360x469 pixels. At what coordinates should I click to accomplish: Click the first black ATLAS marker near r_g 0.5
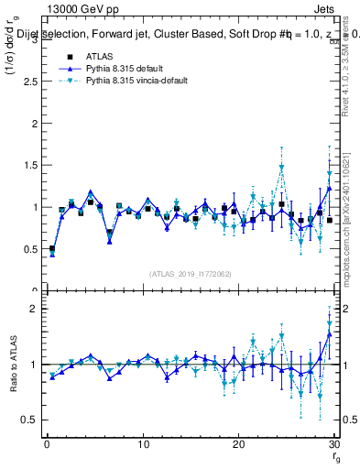point(52,248)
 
